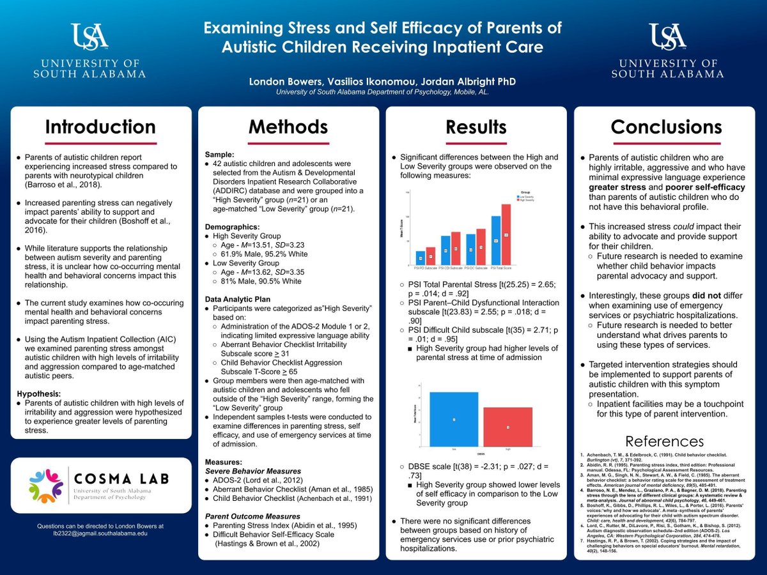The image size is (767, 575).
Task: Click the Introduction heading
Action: pos(100,127)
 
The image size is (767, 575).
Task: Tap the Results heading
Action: pos(476,127)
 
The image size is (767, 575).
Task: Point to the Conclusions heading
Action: pos(666,127)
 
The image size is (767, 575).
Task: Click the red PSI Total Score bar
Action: pos(506,235)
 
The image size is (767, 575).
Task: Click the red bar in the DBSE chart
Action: pos(507,426)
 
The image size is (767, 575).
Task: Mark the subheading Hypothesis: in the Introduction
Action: pos(38,394)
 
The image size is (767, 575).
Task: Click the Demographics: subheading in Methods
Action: pos(232,227)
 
